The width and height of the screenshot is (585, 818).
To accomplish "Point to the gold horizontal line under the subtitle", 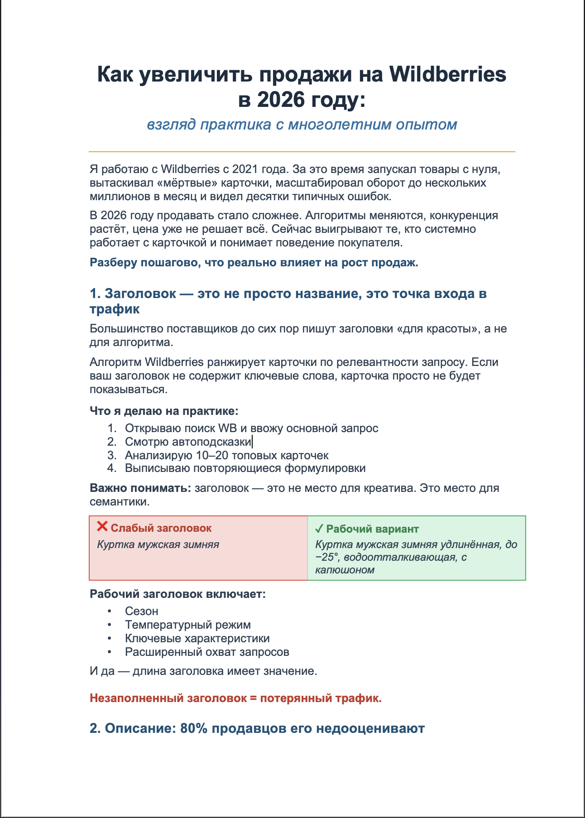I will tap(302, 151).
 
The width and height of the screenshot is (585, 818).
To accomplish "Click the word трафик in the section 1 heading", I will tap(115, 309).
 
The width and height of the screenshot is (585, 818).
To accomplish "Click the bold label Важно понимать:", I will tap(141, 488).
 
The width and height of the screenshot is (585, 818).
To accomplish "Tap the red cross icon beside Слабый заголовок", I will tap(102, 527).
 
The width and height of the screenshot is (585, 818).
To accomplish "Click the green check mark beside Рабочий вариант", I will tap(319, 529).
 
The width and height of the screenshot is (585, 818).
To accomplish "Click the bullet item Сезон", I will tap(142, 611).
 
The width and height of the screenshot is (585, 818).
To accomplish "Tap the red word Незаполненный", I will tap(136, 698).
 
